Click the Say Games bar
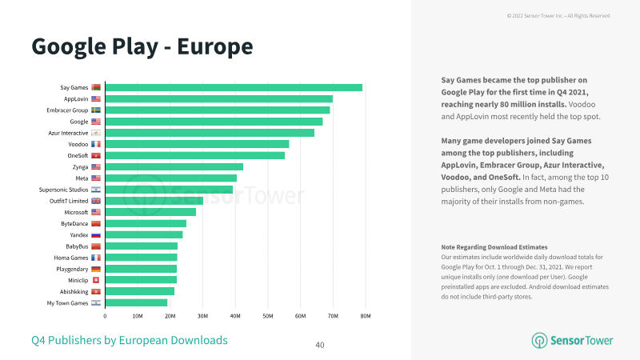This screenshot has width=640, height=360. coord(234,87)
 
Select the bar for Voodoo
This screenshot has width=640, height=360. coord(197,144)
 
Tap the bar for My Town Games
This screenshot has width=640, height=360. coord(136,303)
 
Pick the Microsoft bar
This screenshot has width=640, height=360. coord(150,212)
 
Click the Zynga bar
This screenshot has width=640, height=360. coord(174,167)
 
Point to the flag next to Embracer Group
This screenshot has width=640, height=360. coord(96,110)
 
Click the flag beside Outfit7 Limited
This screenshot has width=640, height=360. coord(96,201)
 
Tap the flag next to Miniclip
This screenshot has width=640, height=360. coord(96,280)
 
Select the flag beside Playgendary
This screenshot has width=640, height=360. coord(96,269)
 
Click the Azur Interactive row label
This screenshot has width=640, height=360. coord(68,133)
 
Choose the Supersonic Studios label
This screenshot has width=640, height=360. coord(63,190)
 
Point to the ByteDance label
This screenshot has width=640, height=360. coord(74,224)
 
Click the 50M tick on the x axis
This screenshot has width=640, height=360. coord(268,316)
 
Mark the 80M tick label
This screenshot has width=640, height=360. coord(366,316)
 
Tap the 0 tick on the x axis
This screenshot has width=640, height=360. coord(105,316)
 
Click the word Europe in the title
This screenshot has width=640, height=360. coord(215,46)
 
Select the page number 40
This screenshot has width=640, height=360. coord(320,346)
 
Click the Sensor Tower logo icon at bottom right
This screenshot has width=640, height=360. coord(539,341)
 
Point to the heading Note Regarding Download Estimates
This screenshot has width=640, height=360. coord(494,247)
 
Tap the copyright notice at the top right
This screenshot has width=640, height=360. coord(558,16)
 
